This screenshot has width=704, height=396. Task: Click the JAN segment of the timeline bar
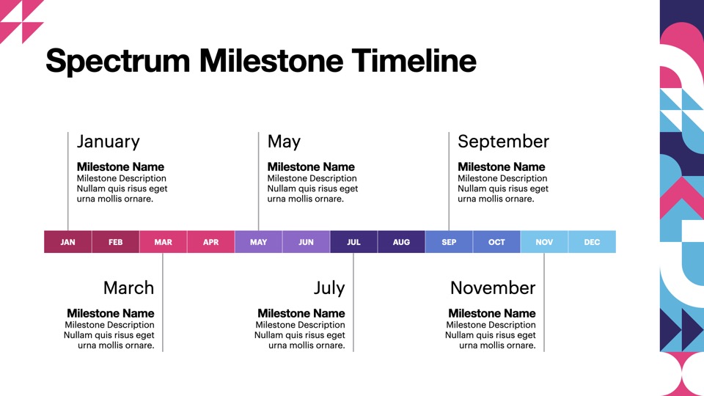(x=67, y=242)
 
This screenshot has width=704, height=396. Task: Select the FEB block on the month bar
(x=115, y=242)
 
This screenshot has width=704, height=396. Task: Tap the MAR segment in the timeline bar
(x=163, y=242)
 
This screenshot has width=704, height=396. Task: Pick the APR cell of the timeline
(x=210, y=242)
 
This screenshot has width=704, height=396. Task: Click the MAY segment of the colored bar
(x=258, y=242)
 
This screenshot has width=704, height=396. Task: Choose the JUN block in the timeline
(x=306, y=242)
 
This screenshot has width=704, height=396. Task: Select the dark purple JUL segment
(x=353, y=242)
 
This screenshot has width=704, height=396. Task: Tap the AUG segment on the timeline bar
(x=401, y=242)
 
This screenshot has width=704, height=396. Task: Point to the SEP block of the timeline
(x=449, y=242)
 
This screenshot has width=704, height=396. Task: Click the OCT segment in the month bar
(x=496, y=242)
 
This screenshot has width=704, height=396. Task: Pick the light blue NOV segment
(x=543, y=242)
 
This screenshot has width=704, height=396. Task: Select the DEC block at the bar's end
(x=592, y=242)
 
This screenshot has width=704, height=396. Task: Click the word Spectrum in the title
(x=117, y=62)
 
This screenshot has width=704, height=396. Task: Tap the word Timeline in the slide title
(x=414, y=60)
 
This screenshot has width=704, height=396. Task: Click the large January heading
(x=109, y=142)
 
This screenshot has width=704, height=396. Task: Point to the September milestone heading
(x=503, y=142)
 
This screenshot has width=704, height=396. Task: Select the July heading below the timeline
(x=329, y=288)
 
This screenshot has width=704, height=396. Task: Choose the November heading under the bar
(x=493, y=287)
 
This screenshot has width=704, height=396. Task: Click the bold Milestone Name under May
(x=311, y=166)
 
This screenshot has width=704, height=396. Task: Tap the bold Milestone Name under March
(x=111, y=313)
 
